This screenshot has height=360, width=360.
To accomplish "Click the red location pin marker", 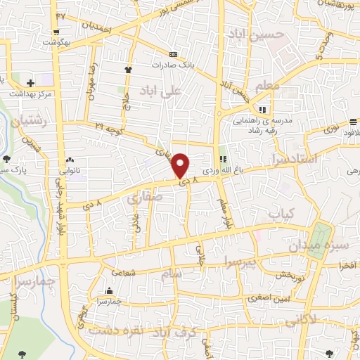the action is coord(181,165).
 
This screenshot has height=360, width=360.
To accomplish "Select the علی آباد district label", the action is coord(171,90).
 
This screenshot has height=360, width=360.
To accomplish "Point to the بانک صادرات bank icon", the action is coord(173,54).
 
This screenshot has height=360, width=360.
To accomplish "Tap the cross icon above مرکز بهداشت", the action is coord(30,83).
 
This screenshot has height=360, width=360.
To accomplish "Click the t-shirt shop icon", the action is coord(128,70).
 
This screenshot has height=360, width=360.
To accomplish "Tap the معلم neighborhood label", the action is coord(269,86).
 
